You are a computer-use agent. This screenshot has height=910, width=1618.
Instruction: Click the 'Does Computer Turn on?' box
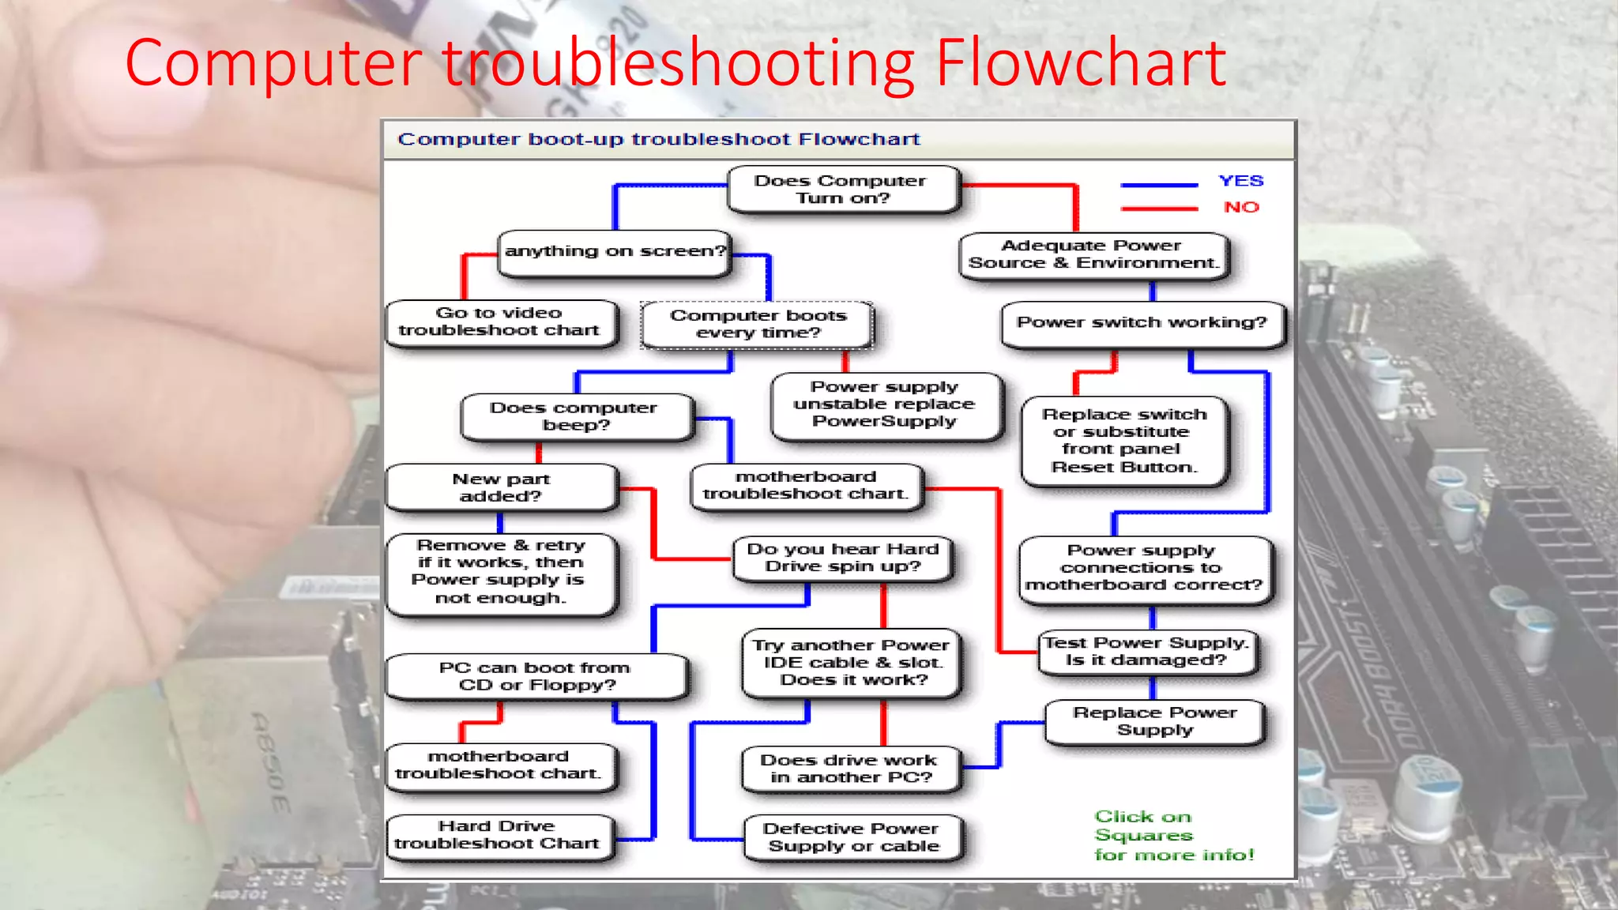pyautogui.click(x=842, y=190)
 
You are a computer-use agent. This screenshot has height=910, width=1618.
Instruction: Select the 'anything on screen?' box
pyautogui.click(x=614, y=253)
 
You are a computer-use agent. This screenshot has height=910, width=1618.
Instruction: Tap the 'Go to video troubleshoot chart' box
pyautogui.click(x=500, y=322)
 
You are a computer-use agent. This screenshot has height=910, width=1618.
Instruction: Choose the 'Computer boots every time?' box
pyautogui.click(x=758, y=324)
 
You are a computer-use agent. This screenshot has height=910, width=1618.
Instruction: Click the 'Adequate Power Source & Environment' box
pyautogui.click(x=1093, y=255)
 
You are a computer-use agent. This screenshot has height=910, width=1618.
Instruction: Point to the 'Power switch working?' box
pyautogui.click(x=1142, y=323)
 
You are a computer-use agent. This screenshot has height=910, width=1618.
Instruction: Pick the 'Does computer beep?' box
pyautogui.click(x=575, y=416)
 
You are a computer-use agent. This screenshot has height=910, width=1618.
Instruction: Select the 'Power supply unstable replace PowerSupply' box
pyautogui.click(x=885, y=405)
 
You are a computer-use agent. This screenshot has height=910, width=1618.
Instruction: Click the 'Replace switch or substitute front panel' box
pyautogui.click(x=1124, y=441)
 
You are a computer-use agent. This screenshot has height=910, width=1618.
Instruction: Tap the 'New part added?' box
pyautogui.click(x=501, y=487)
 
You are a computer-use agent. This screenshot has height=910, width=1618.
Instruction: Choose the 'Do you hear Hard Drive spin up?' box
pyautogui.click(x=843, y=558)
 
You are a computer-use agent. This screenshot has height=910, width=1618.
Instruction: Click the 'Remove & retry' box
pyautogui.click(x=500, y=572)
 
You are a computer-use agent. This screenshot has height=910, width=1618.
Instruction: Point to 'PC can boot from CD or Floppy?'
pyautogui.click(x=536, y=676)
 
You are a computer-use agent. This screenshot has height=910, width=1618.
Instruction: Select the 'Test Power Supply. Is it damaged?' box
pyautogui.click(x=1147, y=652)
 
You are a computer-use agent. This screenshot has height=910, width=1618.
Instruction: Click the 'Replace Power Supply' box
pyautogui.click(x=1154, y=721)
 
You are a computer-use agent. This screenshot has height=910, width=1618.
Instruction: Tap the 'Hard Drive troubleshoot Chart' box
pyautogui.click(x=498, y=836)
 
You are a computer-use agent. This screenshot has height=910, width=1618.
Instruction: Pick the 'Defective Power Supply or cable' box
pyautogui.click(x=852, y=837)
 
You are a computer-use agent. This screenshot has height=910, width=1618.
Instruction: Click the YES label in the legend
pyautogui.click(x=1240, y=181)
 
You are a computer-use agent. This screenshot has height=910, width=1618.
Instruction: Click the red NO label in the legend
pyautogui.click(x=1241, y=207)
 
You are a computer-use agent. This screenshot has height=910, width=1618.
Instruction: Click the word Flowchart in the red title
pyautogui.click(x=1080, y=63)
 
